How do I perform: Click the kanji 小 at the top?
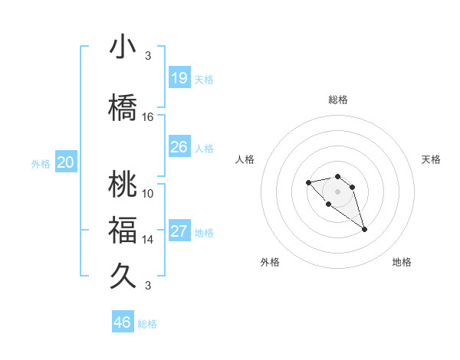pos(123,47)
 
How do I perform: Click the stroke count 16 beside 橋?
pos(148,117)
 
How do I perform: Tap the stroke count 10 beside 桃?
pos(148,194)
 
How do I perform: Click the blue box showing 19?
pos(179,78)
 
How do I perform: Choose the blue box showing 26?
pos(179,147)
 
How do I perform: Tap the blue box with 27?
pos(179,231)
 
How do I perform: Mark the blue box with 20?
pos(66,162)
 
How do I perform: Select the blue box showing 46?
pos(123,322)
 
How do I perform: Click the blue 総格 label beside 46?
pos(147,324)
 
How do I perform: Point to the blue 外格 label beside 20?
pos(41,164)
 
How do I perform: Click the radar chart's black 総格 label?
pos(338,100)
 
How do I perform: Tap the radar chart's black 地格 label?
pos(402,262)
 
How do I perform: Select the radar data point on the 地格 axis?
pos(364,229)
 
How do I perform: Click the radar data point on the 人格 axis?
pos(308,182)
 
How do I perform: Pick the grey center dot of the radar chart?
pos(338,191)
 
